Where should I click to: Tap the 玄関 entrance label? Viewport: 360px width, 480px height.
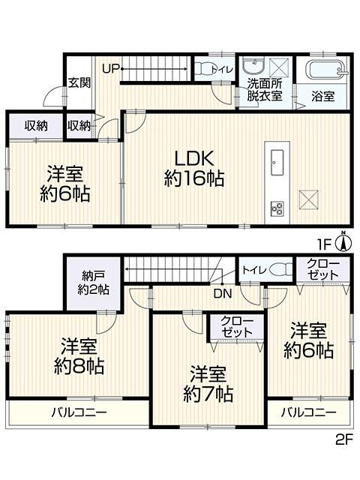pyautogui.click(x=79, y=82)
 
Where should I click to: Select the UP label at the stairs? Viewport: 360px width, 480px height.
pyautogui.click(x=110, y=69)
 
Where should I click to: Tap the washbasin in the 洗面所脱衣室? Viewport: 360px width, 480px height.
pyautogui.click(x=253, y=67)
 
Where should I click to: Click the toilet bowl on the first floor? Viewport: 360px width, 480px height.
pyautogui.click(x=202, y=68)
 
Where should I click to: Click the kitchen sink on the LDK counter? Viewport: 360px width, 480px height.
pyautogui.click(x=277, y=162)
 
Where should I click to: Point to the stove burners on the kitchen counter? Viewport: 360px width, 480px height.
pyautogui.click(x=277, y=208)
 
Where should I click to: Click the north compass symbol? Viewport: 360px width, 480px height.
pyautogui.click(x=343, y=241)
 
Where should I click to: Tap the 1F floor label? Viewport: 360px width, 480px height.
pyautogui.click(x=325, y=245)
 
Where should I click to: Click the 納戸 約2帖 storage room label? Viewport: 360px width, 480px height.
pyautogui.click(x=93, y=283)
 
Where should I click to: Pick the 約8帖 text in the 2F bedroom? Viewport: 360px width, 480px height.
pyautogui.click(x=79, y=367)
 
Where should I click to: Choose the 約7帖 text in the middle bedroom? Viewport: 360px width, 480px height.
pyautogui.click(x=208, y=394)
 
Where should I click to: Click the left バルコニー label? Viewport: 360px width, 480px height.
pyautogui.click(x=79, y=412)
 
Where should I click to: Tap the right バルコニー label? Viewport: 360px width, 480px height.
pyautogui.click(x=308, y=412)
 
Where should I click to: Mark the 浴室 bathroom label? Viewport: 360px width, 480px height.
pyautogui.click(x=323, y=97)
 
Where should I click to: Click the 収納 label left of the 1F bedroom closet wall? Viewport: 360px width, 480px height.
pyautogui.click(x=36, y=126)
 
